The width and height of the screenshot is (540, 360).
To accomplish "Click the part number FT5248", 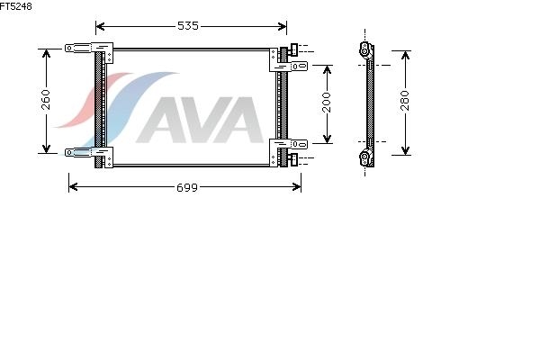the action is point(16,6).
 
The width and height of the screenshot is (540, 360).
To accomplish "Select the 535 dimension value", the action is point(188,26).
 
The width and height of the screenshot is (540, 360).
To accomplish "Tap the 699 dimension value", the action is point(187,187).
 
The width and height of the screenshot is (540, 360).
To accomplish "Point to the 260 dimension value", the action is point(46,100).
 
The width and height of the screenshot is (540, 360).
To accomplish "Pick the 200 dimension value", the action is point(327,103).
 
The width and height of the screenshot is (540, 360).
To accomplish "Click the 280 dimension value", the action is point(405,101).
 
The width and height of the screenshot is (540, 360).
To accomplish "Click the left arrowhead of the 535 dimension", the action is point(100,26).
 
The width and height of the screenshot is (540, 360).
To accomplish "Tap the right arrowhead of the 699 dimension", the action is point(296,187).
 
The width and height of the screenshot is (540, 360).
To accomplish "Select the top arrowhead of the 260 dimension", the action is point(46,53).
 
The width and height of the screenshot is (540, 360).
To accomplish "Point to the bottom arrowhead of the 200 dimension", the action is point(328,139).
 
